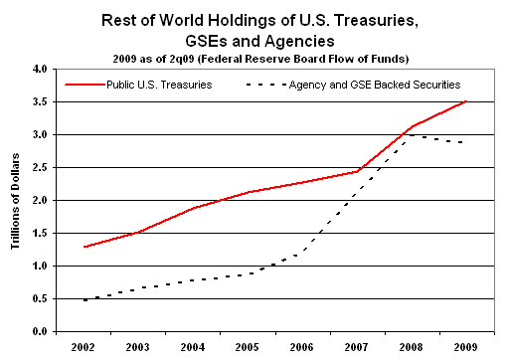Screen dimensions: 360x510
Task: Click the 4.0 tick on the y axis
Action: point(39,70)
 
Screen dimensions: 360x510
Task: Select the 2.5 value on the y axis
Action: point(39,167)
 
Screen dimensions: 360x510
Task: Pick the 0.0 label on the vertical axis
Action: point(39,331)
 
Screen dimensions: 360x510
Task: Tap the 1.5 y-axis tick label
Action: point(39,233)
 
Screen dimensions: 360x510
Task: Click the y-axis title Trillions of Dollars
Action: point(15,199)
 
